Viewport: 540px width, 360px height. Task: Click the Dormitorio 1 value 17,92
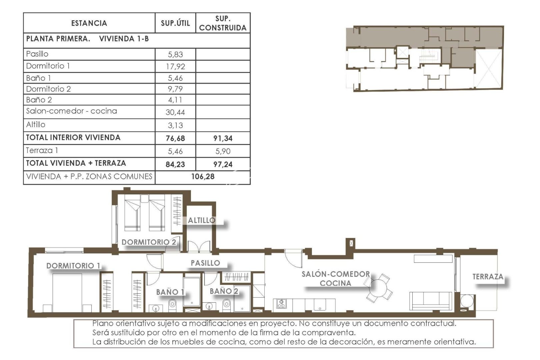coord(175,66)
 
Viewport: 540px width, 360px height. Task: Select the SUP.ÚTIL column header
coord(175,23)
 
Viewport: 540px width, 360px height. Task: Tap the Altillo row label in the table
coord(36,125)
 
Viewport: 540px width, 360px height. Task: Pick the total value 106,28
coord(202,177)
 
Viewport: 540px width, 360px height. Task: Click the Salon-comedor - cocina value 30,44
coord(175,112)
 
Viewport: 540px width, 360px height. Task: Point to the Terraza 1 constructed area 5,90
coord(223,151)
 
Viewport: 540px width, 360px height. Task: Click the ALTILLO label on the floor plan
coord(201,220)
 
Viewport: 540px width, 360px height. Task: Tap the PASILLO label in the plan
coord(205,263)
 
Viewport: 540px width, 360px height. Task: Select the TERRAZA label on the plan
coord(487,277)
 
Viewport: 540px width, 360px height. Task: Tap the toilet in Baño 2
coord(226,304)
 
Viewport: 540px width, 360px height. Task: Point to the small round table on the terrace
coord(466,301)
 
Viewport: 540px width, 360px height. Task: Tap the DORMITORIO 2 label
coord(148,242)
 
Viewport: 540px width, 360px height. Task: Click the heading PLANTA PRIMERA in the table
coord(58,39)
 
